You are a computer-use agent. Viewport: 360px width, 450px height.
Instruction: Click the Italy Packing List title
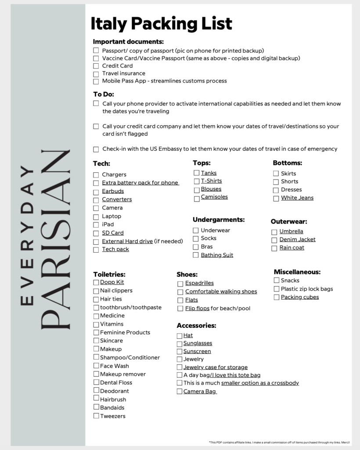pyautogui.click(x=161, y=24)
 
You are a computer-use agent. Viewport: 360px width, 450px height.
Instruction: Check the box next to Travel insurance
pyautogui.click(x=96, y=74)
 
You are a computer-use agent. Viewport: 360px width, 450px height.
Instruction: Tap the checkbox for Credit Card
pyautogui.click(x=96, y=66)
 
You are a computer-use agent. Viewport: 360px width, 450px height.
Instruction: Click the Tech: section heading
pyautogui.click(x=101, y=163)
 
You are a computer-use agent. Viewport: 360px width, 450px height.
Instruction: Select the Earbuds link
pyautogui.click(x=113, y=191)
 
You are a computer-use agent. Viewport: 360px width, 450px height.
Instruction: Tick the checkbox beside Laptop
pyautogui.click(x=96, y=217)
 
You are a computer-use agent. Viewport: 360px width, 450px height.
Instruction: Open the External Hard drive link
pyautogui.click(x=127, y=241)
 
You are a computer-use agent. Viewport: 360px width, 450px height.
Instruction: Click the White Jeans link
pyautogui.click(x=297, y=198)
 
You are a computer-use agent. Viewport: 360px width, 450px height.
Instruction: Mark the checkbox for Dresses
pyautogui.click(x=276, y=190)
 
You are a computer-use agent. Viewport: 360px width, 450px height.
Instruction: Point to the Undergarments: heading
pyautogui.click(x=219, y=219)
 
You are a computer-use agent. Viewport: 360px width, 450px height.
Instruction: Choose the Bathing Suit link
pyautogui.click(x=217, y=255)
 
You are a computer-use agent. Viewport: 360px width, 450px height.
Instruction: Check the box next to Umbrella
pyautogui.click(x=274, y=232)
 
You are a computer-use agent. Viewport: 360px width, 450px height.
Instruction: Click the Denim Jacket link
pyautogui.click(x=297, y=240)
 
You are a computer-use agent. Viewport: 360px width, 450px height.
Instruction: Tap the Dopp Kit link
pyautogui.click(x=112, y=282)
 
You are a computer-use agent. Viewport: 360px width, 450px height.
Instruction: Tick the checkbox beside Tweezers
pyautogui.click(x=96, y=416)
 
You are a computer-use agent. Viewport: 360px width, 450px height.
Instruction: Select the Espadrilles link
pyautogui.click(x=199, y=283)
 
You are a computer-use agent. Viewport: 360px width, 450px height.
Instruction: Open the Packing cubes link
pyautogui.click(x=300, y=297)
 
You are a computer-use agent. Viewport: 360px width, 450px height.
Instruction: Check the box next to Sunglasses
pyautogui.click(x=180, y=344)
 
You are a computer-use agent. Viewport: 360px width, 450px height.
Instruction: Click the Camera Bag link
pyautogui.click(x=200, y=391)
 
